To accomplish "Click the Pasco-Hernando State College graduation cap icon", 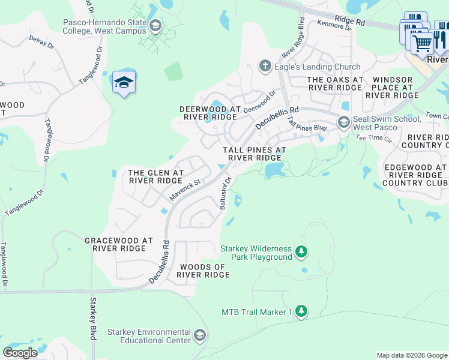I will (x=155, y=25).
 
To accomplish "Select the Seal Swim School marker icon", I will (x=343, y=122).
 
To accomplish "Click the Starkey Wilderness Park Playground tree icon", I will (x=302, y=253).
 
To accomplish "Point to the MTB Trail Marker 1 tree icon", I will (x=301, y=311).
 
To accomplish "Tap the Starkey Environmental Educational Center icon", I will (x=200, y=335).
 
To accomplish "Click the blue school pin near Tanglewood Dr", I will (x=123, y=83).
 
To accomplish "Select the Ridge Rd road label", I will (x=351, y=22).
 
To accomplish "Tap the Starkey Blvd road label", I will (x=93, y=319).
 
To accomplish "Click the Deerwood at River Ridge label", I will (x=210, y=113).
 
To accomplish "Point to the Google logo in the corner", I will (x=20, y=353).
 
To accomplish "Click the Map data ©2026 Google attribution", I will (x=411, y=355).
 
